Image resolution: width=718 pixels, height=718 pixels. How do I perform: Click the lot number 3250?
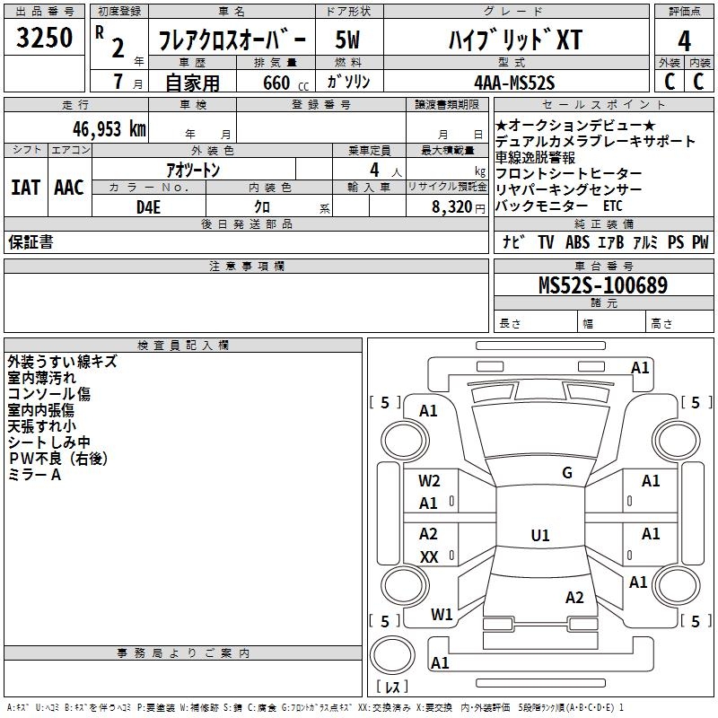click(45, 37)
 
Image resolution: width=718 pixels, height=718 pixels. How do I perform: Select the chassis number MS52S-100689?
click(602, 285)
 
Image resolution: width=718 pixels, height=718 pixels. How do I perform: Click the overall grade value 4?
click(684, 41)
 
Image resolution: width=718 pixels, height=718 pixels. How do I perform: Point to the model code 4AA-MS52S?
click(514, 83)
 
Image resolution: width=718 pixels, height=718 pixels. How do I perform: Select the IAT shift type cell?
click(25, 188)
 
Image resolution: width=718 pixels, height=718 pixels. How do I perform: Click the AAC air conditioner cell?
click(69, 188)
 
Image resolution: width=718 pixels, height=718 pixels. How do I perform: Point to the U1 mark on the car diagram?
click(540, 536)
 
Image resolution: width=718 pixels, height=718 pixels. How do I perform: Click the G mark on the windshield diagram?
click(566, 473)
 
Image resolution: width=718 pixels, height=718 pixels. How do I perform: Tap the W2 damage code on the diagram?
click(429, 481)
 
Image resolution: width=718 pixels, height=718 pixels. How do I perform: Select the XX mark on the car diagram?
click(429, 557)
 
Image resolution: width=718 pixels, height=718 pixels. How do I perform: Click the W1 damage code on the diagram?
click(442, 615)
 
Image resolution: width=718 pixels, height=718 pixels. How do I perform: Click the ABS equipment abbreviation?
click(577, 242)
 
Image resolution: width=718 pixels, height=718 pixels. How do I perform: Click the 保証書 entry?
click(31, 242)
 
